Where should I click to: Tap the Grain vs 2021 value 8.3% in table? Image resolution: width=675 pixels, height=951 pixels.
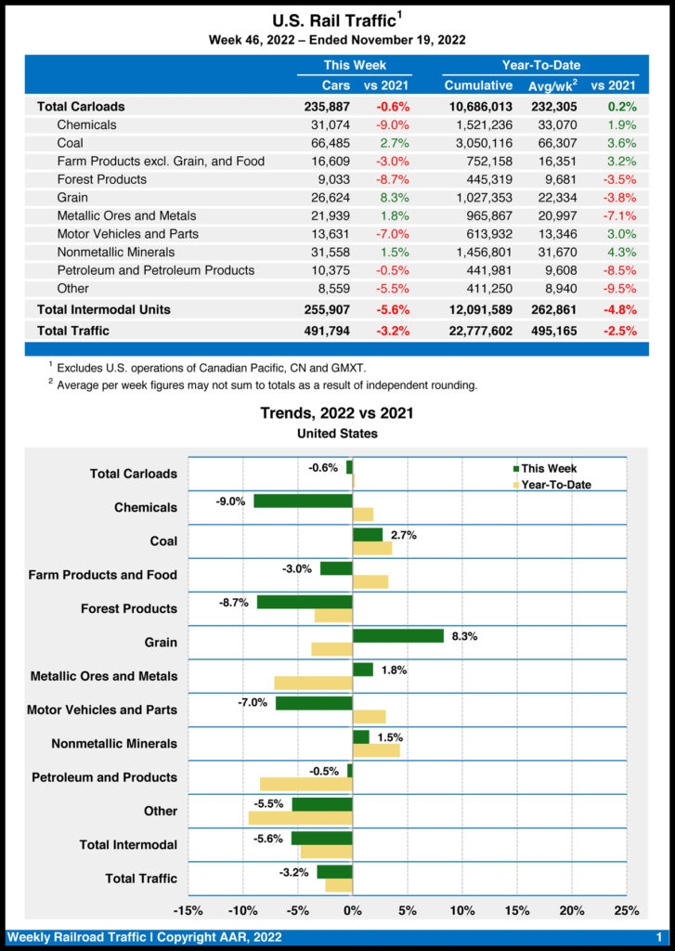(394, 197)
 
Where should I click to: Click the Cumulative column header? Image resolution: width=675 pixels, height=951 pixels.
(478, 85)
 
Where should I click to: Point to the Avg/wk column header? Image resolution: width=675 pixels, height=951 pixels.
(552, 85)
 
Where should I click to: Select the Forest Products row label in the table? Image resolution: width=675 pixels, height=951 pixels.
(101, 179)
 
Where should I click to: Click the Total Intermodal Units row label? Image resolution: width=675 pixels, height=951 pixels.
(103, 308)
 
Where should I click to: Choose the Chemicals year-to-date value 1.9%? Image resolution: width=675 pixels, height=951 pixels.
(622, 124)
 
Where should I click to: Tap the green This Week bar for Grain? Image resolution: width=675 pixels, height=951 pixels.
(397, 636)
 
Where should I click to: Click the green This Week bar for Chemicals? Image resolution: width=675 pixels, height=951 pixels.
(303, 501)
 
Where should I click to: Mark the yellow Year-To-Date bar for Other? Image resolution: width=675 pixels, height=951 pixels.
(300, 817)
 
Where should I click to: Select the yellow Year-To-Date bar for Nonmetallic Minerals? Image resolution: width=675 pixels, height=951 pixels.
(376, 750)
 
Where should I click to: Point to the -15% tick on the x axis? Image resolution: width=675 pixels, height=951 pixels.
(188, 910)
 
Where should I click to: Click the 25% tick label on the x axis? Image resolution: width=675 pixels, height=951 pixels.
(627, 910)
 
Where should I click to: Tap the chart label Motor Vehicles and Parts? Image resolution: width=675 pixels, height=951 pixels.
(102, 710)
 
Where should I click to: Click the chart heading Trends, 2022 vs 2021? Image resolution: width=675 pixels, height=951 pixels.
(337, 413)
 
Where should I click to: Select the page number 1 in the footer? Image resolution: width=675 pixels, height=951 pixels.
(658, 937)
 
